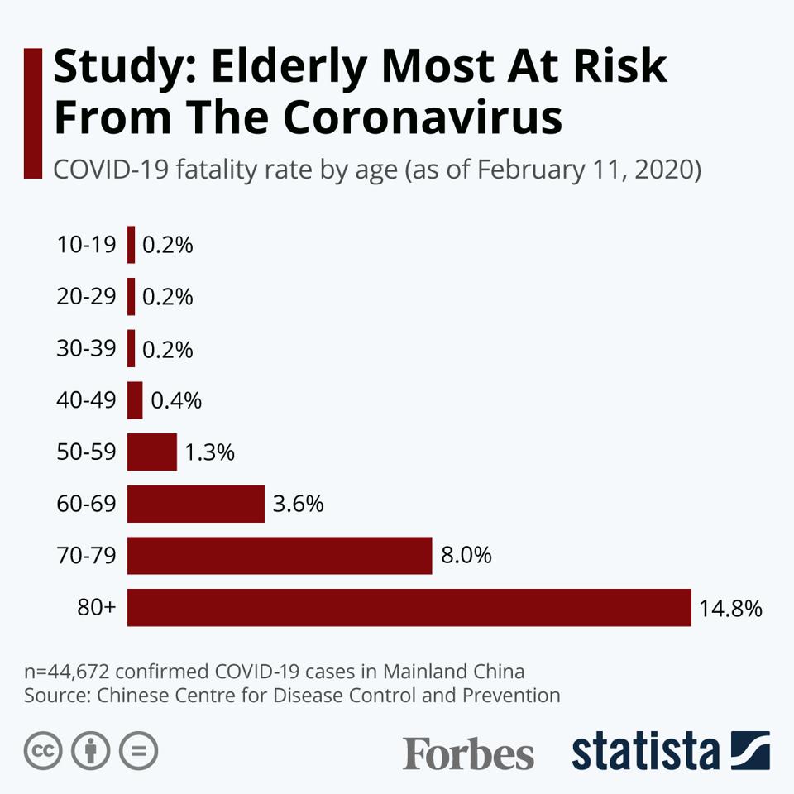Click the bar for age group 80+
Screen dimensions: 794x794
409,607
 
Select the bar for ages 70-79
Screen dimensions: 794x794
280,556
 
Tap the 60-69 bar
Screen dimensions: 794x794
196,504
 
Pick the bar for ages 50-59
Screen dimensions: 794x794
152,452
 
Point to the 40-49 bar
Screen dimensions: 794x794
135,400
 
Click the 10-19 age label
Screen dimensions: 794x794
86,245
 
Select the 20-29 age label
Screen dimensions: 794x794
86,297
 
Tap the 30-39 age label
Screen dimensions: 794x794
86,349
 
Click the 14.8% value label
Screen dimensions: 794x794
729,609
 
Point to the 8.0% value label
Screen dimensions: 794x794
466,556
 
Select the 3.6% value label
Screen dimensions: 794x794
298,504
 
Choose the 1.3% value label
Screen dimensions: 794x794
210,452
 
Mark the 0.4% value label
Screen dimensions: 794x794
176,400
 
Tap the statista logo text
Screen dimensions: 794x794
645,752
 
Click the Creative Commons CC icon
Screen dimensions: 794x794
44,751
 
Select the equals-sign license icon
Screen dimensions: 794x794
138,751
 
